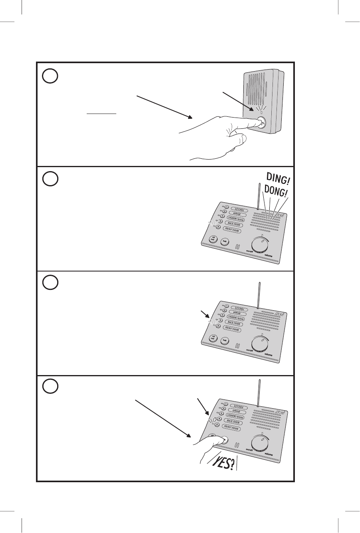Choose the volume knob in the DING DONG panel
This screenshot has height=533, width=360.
pos(261,244)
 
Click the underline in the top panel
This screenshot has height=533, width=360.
pos(101,114)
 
